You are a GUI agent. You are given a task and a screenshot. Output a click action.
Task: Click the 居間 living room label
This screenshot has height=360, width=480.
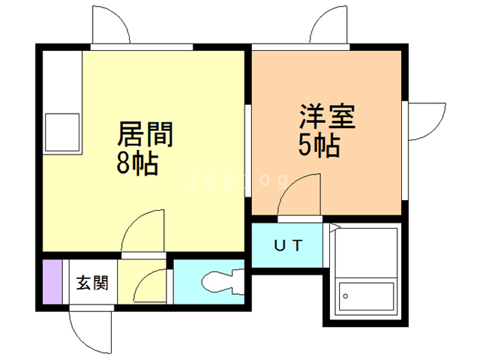[145, 136]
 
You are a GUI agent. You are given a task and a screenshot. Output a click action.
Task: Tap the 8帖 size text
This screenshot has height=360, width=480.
[137, 163]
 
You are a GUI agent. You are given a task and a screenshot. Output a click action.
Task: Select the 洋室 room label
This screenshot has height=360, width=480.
[327, 117]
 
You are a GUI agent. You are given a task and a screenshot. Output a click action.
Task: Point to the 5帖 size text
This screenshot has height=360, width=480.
[320, 144]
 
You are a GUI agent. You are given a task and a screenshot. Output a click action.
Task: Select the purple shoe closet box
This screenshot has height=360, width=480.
[52, 281]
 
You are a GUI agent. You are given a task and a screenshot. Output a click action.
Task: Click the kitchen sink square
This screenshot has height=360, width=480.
[61, 132]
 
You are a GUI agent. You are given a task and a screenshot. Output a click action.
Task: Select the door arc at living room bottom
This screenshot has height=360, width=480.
[142, 231]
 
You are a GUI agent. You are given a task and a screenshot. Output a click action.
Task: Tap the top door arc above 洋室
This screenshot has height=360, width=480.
[328, 27]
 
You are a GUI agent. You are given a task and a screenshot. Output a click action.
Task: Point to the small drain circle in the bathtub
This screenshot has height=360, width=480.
[346, 296]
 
